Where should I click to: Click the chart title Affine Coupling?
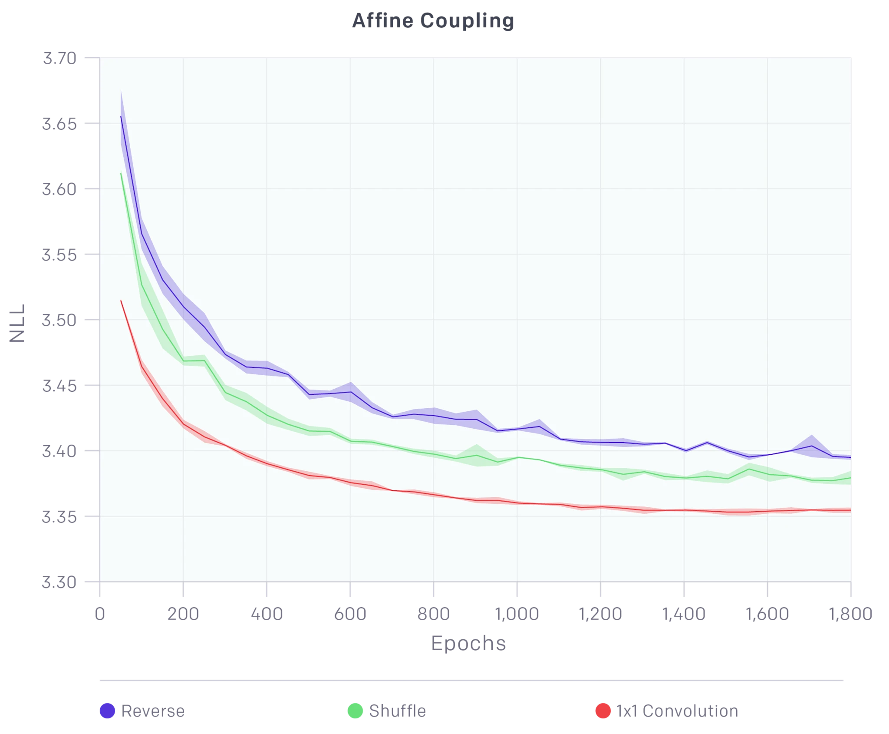coord(432,20)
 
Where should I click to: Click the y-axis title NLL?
coord(17,323)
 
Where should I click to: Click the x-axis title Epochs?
coord(468,643)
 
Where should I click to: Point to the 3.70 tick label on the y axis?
coord(59,58)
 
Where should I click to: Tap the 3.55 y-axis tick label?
coord(59,255)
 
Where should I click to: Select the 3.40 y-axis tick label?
coord(59,451)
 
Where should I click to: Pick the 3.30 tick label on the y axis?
coord(59,582)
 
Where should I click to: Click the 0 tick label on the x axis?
coord(100,614)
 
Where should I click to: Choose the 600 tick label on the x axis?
coord(350,614)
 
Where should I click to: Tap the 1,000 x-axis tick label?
coord(517,614)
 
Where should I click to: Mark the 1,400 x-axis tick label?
coord(684,614)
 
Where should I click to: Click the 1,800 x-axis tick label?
coord(851,614)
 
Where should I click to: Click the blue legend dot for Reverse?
coord(107,711)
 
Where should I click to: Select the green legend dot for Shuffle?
coord(355,711)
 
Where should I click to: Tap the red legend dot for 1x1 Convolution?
coord(603,711)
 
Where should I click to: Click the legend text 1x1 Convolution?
coord(677,711)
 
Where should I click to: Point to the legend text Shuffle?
coord(398,711)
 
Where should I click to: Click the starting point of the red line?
coord(121,301)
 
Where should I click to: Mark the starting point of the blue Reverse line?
coord(121,116)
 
